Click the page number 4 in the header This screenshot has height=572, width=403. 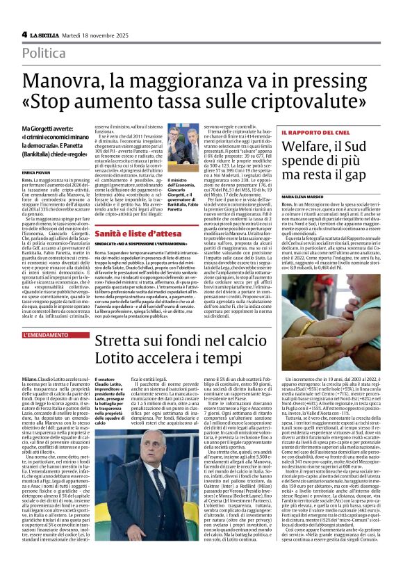[x=24, y=34]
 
